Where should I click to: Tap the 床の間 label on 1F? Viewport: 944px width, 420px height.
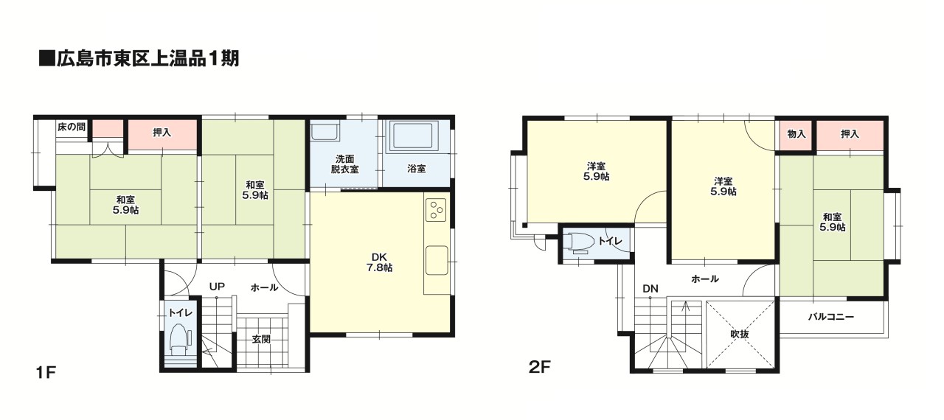click(72, 127)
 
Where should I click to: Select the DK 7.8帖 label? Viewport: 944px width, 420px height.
click(379, 262)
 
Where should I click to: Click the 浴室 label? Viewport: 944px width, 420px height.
click(417, 169)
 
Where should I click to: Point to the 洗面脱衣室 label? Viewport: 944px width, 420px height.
click(344, 164)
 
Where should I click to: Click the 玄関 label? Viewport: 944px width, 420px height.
click(261, 339)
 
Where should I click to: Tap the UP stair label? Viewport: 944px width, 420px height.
click(217, 287)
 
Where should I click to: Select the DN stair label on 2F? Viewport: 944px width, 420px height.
click(650, 289)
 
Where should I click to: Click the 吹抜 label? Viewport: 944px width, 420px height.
click(740, 334)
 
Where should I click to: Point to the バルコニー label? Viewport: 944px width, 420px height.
click(831, 317)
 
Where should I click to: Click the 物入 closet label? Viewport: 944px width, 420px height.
click(796, 134)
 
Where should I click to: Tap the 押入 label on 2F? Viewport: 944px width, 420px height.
click(850, 134)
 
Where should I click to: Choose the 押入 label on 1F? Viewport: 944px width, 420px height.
click(162, 133)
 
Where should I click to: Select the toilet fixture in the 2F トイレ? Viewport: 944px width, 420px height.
click(579, 243)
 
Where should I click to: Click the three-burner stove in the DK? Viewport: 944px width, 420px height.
click(436, 209)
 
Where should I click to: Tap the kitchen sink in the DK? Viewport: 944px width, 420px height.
click(437, 261)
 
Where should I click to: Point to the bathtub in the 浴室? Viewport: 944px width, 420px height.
click(415, 136)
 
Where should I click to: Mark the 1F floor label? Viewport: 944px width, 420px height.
click(46, 372)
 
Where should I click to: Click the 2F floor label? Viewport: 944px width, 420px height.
click(540, 368)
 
